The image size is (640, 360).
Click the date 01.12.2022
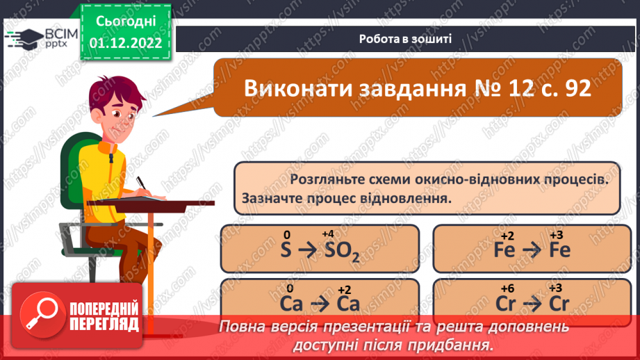126,42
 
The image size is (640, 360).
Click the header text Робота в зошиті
407,39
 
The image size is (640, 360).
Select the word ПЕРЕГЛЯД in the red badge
103,324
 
